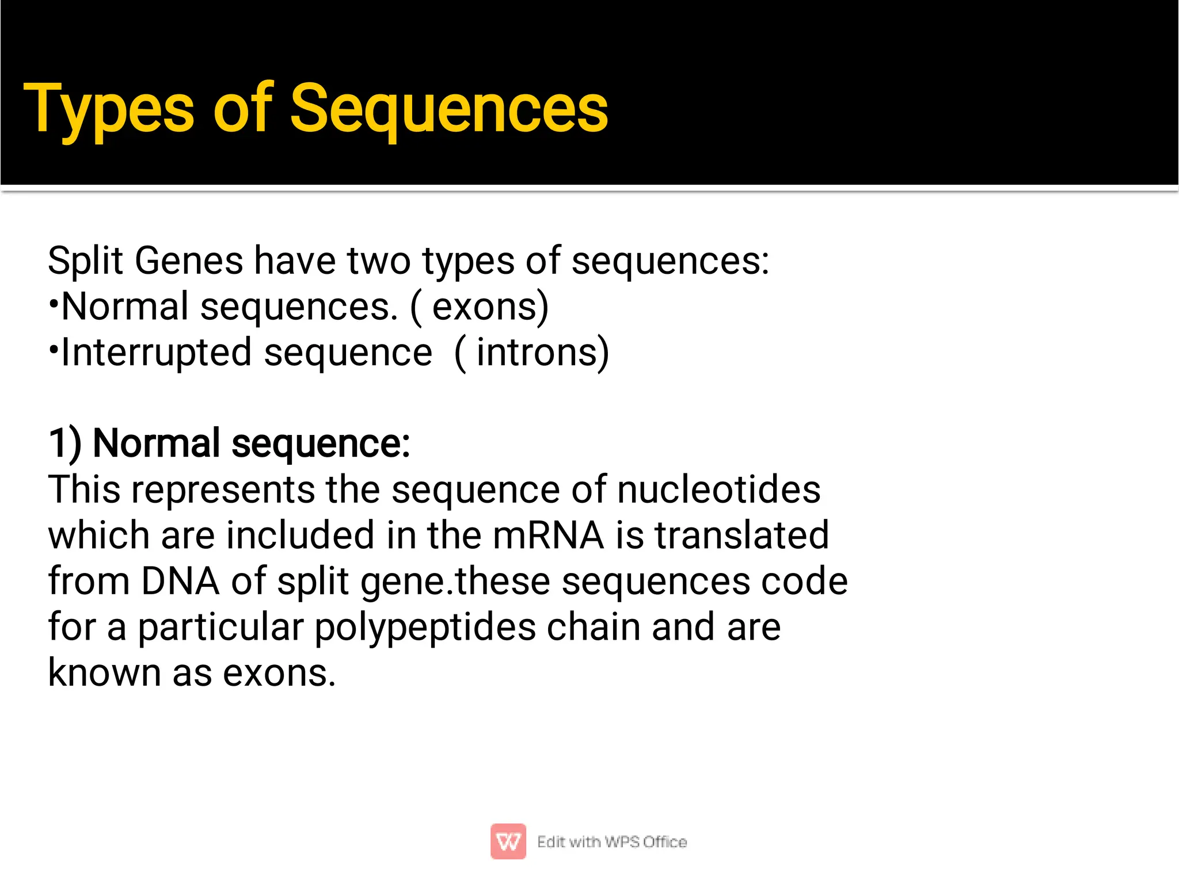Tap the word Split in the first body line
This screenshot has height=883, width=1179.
tap(85, 262)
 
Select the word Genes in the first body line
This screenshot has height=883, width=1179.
tap(189, 262)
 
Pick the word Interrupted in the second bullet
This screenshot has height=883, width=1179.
tap(157, 353)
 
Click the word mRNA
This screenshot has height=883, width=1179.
tap(548, 536)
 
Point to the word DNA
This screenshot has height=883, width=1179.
tap(180, 581)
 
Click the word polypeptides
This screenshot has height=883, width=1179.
tap(425, 627)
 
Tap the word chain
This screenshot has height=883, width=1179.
tap(594, 627)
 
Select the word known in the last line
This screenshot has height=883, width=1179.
tap(104, 672)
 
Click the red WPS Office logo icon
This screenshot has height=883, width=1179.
tap(508, 842)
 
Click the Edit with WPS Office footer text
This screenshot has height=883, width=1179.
tap(611, 842)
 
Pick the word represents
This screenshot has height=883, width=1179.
tap(223, 490)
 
